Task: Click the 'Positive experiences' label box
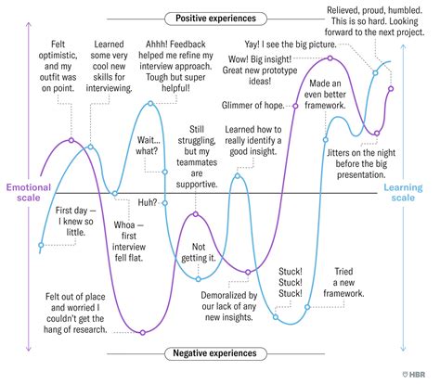(x=215, y=19)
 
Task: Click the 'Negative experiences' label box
(x=215, y=353)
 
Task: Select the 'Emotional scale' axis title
(x=29, y=192)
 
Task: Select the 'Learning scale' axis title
(x=403, y=192)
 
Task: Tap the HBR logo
(x=414, y=375)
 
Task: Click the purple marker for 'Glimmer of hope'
(x=295, y=106)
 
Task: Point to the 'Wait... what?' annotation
(x=148, y=146)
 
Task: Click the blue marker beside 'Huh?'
(x=165, y=203)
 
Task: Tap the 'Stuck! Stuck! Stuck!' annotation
(x=291, y=282)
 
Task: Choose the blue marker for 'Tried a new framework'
(x=307, y=307)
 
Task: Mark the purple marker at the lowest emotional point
(x=143, y=333)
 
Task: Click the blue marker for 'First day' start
(x=41, y=245)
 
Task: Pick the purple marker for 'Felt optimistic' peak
(x=71, y=140)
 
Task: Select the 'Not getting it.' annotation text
(x=199, y=252)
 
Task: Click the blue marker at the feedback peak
(x=150, y=103)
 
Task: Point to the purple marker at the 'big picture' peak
(x=330, y=58)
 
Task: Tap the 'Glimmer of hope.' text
(x=253, y=106)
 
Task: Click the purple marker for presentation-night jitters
(x=377, y=134)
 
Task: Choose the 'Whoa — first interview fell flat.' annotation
(x=129, y=241)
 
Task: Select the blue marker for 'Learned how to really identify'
(x=238, y=176)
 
